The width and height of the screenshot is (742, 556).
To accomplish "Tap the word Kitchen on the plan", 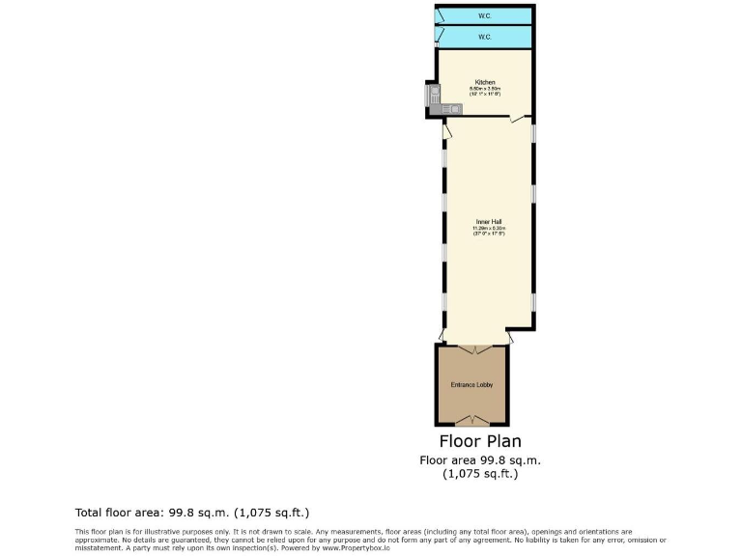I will tap(485, 82).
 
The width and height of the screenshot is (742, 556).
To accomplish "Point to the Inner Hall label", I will tap(489, 221).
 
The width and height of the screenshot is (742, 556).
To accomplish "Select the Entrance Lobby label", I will tap(471, 385).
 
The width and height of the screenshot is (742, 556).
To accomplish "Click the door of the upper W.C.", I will tap(440, 15).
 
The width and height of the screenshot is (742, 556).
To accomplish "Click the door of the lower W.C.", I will tap(440, 38).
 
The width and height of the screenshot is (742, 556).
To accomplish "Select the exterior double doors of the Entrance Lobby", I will tap(471, 419).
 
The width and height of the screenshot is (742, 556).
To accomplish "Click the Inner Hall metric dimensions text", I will tap(489, 228).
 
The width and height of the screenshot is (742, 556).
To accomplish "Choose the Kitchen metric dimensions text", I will tap(485, 89).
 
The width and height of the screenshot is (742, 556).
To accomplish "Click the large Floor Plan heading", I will tap(480, 442).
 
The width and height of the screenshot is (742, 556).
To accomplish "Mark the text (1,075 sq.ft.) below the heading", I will tap(480, 474).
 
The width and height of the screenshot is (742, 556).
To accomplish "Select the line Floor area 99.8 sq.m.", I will tap(480, 460).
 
